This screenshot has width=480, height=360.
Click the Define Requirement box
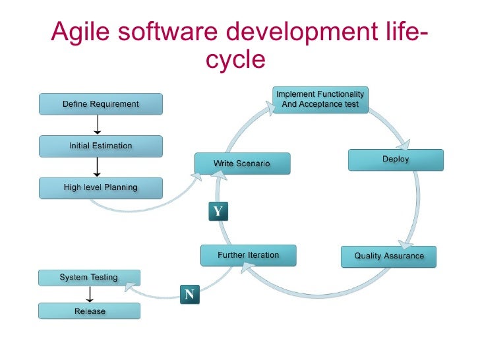click(x=100, y=104)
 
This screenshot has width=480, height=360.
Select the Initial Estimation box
click(x=100, y=146)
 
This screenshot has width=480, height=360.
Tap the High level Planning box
click(x=100, y=187)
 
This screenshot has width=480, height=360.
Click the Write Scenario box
click(x=241, y=163)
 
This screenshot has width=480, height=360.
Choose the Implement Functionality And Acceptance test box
click(x=320, y=100)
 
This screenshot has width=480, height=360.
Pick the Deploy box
click(x=396, y=160)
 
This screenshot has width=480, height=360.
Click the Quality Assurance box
click(x=389, y=256)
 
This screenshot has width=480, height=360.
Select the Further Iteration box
click(x=248, y=255)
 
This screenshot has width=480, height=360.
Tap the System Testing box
click(x=89, y=278)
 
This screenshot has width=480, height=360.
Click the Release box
click(x=89, y=311)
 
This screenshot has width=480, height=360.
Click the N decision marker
click(x=189, y=295)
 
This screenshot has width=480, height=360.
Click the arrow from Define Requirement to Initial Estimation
click(x=98, y=125)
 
